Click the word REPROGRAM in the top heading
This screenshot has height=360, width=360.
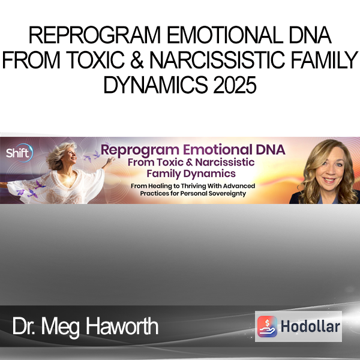point(95,35)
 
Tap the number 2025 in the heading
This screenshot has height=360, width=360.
point(235,85)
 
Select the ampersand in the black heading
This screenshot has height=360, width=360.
point(137,60)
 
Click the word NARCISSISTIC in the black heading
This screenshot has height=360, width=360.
point(217,60)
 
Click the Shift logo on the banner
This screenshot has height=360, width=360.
point(20,152)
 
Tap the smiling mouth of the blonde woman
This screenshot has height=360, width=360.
point(329,180)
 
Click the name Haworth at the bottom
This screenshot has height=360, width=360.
point(122,326)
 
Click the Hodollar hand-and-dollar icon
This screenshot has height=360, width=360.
point(267,326)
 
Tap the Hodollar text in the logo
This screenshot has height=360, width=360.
point(310,326)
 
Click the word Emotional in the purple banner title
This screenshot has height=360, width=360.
point(217,149)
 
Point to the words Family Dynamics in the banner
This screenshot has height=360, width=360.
point(191,173)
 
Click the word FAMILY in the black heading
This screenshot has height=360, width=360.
point(325,60)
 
